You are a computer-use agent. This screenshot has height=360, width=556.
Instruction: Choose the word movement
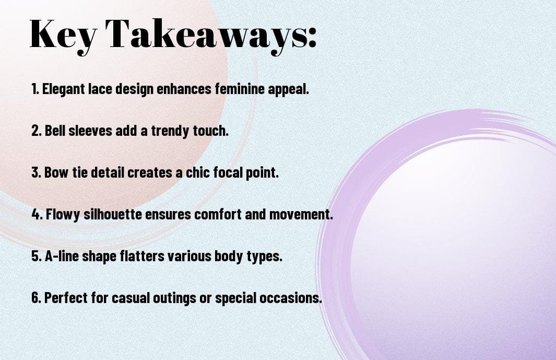click(301, 214)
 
